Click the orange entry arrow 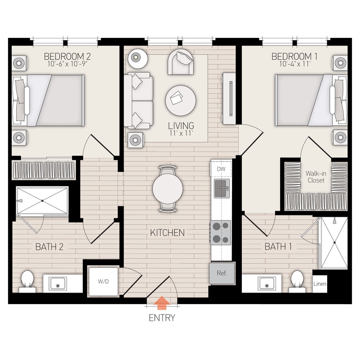(x=162, y=303)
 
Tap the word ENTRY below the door (x=162, y=318)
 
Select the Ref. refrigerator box (x=222, y=273)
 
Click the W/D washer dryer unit (x=103, y=281)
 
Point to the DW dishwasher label (x=221, y=169)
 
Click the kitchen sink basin (x=221, y=188)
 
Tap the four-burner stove (x=221, y=232)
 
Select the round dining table (x=168, y=188)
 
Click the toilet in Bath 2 (x=27, y=280)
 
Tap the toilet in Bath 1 (x=297, y=280)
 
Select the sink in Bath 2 (x=57, y=283)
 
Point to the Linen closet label (x=320, y=284)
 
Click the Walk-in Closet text (x=316, y=177)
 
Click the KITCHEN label (x=167, y=233)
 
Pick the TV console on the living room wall (x=229, y=98)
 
